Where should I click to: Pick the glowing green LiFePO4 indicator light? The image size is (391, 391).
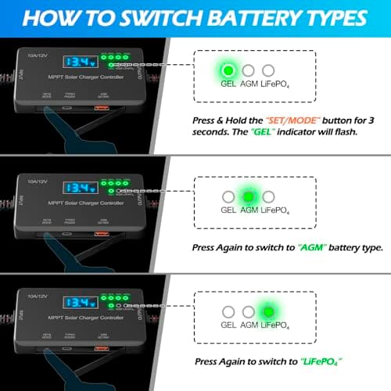click(267, 312)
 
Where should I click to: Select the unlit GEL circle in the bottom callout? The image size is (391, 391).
click(228, 312)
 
